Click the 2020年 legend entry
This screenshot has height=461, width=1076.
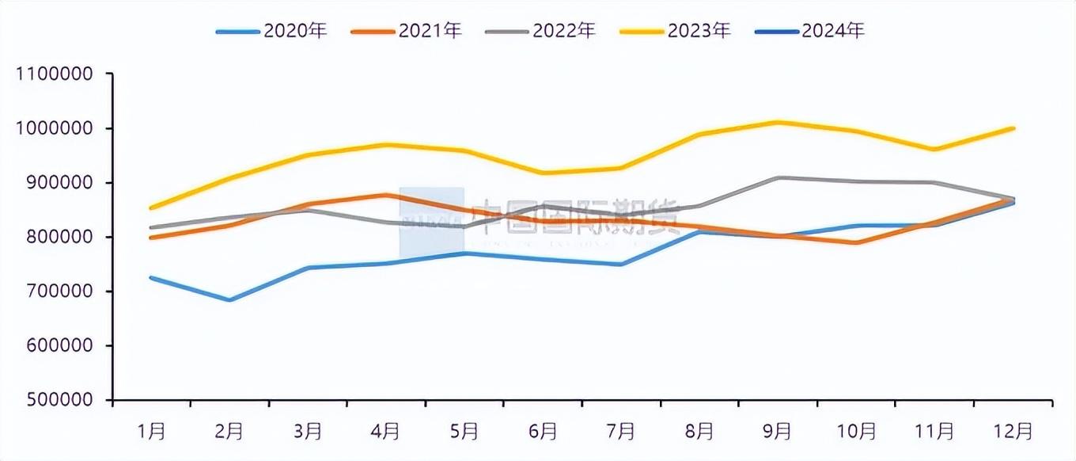tap(271, 31)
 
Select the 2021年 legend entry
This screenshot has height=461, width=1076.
tap(406, 31)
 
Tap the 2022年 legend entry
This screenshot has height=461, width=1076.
tap(540, 31)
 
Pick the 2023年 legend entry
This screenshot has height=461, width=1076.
tap(675, 31)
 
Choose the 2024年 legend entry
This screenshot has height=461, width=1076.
tap(809, 31)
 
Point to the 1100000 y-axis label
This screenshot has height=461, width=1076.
tap(55, 74)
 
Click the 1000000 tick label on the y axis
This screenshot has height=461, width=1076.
tap(55, 128)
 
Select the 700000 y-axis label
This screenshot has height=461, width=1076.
tap(59, 292)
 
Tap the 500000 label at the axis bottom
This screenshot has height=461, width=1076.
tap(59, 401)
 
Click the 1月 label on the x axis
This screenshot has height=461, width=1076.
tap(151, 432)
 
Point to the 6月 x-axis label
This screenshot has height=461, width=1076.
tap(543, 432)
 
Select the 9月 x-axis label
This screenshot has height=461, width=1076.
tap(778, 432)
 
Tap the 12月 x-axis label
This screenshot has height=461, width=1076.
tap(1013, 432)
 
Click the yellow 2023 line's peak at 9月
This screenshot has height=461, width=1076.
tap(779, 122)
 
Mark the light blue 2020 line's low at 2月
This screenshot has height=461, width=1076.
tap(229, 300)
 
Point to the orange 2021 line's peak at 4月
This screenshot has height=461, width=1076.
tap(386, 195)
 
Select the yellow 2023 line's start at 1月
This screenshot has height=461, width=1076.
tap(151, 208)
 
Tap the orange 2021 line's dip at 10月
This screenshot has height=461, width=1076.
tap(857, 242)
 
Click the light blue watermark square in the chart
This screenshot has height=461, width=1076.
tap(431, 223)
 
